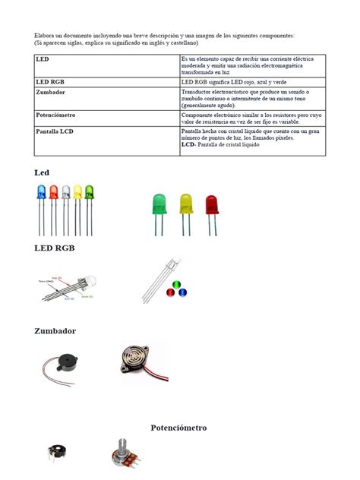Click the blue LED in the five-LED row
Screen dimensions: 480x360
point(41,193)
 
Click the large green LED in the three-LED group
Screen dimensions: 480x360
point(159,204)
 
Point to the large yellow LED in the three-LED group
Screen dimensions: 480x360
point(185,204)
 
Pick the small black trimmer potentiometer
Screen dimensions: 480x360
point(56,456)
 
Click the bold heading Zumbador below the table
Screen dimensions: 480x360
point(55,331)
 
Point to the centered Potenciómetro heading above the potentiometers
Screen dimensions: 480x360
point(178,428)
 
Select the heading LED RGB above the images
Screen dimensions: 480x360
point(55,248)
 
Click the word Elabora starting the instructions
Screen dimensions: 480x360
point(46,36)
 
